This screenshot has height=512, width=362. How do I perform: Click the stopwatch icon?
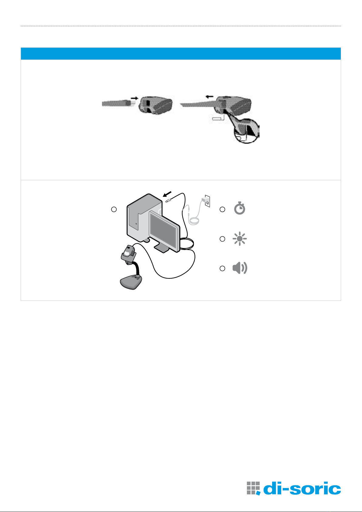click(x=240, y=208)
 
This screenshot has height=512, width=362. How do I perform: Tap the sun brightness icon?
click(x=240, y=239)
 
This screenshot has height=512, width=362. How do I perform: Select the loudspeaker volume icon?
click(x=240, y=268)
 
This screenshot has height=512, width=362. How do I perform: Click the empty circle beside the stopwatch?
click(x=222, y=209)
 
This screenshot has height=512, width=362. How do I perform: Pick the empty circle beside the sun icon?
click(x=222, y=239)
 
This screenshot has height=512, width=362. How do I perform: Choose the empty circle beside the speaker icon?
click(x=222, y=268)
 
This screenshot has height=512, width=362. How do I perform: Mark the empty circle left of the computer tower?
click(x=114, y=209)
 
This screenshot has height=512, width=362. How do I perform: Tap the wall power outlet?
click(x=207, y=201)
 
